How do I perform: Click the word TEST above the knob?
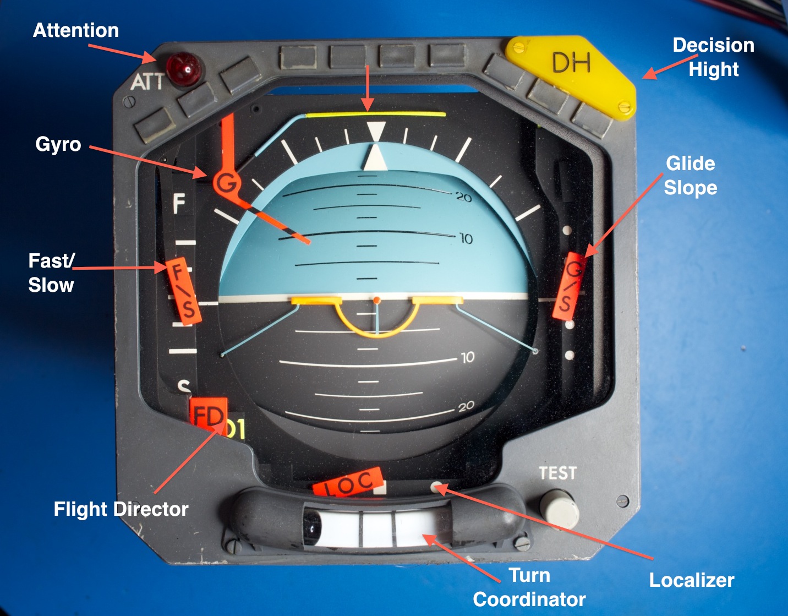557,473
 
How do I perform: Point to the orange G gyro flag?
226,182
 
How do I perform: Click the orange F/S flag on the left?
183,290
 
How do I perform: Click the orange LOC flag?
347,483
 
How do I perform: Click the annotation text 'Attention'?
76,30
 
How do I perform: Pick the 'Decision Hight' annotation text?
713,57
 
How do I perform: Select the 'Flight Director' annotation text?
121,509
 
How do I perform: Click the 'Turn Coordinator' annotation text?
529,587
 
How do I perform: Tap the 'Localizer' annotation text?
692,580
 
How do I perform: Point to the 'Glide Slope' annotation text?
691,176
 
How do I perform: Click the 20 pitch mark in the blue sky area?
464,197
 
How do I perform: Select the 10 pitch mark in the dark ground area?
468,358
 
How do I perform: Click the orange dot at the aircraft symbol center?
377,300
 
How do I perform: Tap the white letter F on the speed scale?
179,204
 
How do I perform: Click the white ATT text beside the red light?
147,82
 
